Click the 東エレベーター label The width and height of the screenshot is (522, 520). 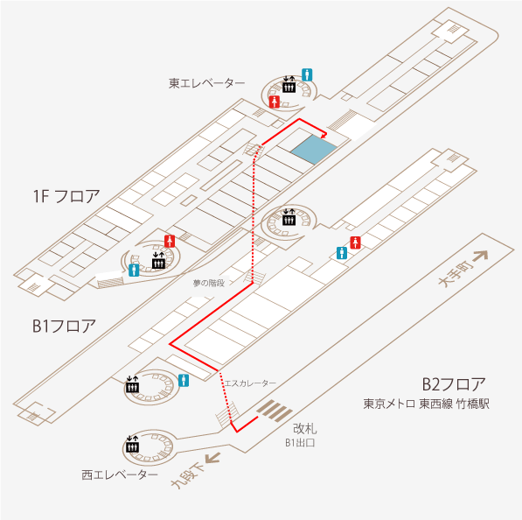tap(206, 83)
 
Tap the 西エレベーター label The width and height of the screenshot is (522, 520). tap(120, 475)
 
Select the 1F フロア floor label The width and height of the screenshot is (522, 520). tap(66, 196)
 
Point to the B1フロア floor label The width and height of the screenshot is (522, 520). tap(64, 326)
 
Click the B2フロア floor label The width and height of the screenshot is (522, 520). tap(454, 384)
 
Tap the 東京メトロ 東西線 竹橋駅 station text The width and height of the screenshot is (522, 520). tap(426, 404)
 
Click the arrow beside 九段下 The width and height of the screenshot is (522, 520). tap(212, 457)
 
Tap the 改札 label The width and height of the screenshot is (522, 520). tap(304, 429)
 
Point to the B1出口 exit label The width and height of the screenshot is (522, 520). tap(300, 443)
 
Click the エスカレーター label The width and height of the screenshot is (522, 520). tap(250, 383)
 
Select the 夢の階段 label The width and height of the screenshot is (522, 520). tap(209, 283)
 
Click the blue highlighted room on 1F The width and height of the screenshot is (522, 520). tap(314, 150)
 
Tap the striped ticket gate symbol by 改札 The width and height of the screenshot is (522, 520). tap(275, 411)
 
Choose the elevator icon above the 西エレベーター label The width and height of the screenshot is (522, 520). tap(132, 444)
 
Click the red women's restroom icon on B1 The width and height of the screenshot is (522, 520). tap(356, 242)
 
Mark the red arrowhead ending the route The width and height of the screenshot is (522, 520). tap(324, 135)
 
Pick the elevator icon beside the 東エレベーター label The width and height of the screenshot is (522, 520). tap(289, 84)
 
